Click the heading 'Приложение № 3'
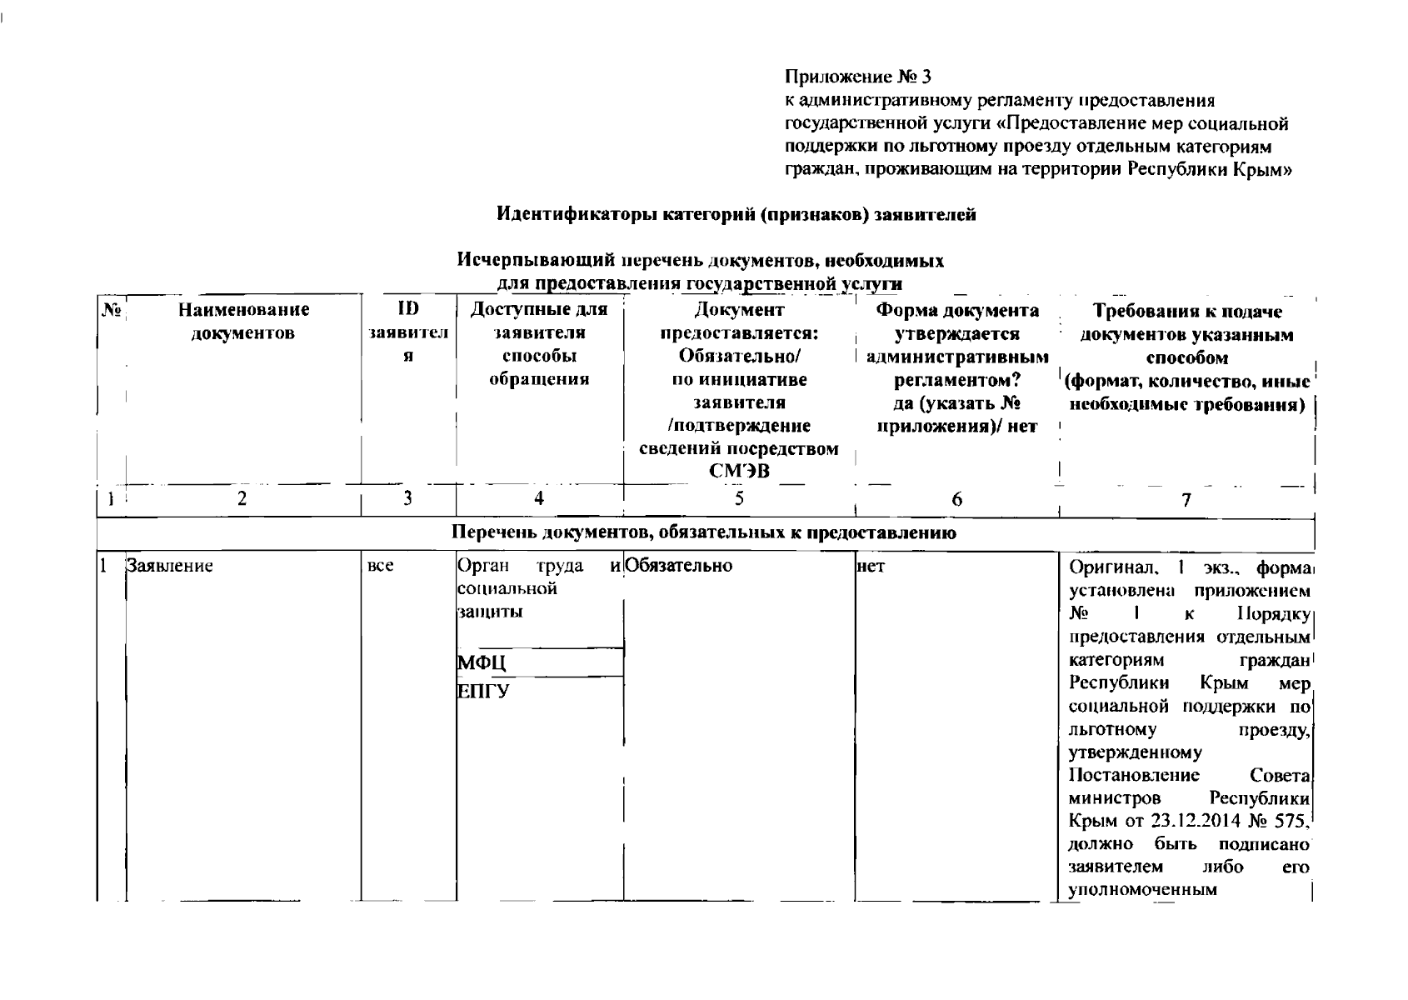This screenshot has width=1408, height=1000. coord(858,77)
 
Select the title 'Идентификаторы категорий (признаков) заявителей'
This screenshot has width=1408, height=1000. coord(736,214)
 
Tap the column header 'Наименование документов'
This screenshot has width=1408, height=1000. coord(242,322)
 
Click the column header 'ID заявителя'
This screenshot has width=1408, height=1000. coord(407,332)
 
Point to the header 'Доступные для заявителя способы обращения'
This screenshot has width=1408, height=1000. coord(539,344)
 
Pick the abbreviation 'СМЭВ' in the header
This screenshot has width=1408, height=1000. coord(739,472)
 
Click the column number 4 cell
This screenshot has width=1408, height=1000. coord(539,498)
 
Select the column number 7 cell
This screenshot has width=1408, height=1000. coord(1186,499)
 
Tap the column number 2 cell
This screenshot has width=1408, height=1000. coord(242,498)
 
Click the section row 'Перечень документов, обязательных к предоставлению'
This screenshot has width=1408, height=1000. coord(704,532)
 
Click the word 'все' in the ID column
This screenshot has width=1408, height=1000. coord(380,566)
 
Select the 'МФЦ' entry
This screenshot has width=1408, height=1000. coord(482,662)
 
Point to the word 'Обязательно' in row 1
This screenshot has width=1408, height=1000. coord(678,566)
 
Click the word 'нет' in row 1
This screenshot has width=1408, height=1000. coord(871,566)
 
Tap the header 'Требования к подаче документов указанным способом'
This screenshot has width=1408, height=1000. coord(1186,335)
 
